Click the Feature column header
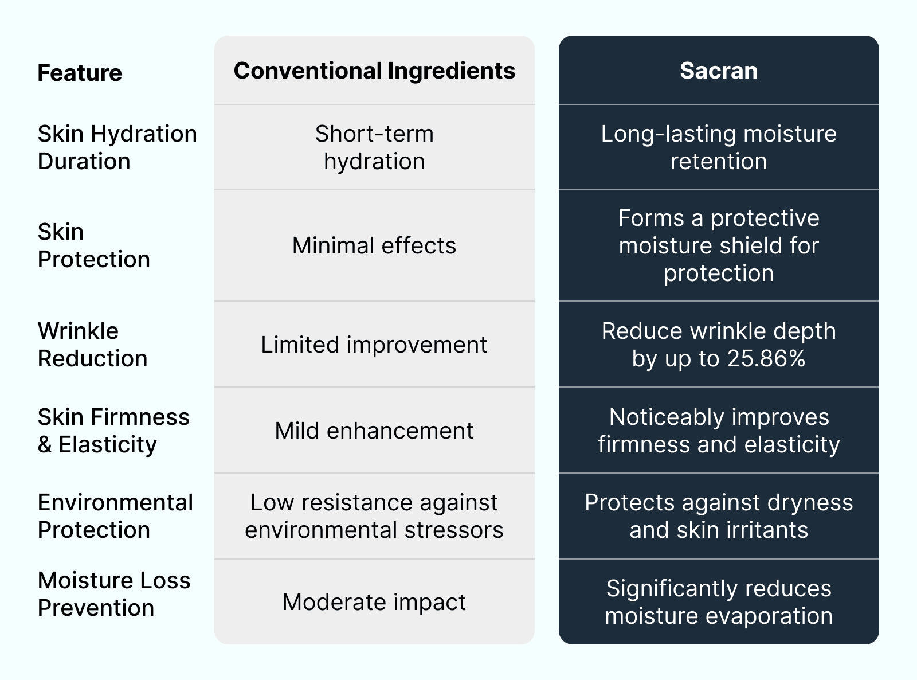[80, 73]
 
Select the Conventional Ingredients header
[375, 71]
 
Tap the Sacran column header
[719, 71]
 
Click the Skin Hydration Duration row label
[117, 147]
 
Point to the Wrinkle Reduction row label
[93, 345]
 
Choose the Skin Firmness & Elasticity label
[113, 431]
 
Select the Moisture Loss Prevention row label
[114, 594]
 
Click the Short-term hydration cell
[375, 147]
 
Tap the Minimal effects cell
[374, 245]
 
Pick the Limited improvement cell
[374, 345]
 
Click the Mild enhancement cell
[374, 431]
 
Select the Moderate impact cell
[374, 602]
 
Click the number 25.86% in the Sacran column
[766, 358]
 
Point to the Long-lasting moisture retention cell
[719, 147]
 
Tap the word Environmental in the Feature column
[115, 503]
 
